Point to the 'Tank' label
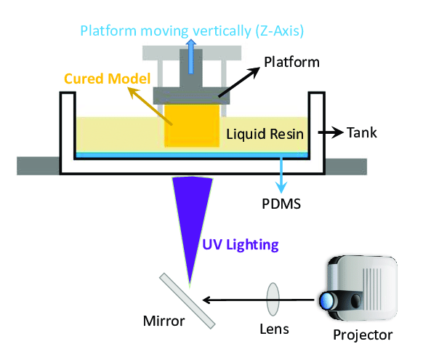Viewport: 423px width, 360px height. [363, 134]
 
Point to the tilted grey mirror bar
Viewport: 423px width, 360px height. [188, 299]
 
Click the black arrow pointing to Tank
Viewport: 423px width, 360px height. [329, 134]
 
